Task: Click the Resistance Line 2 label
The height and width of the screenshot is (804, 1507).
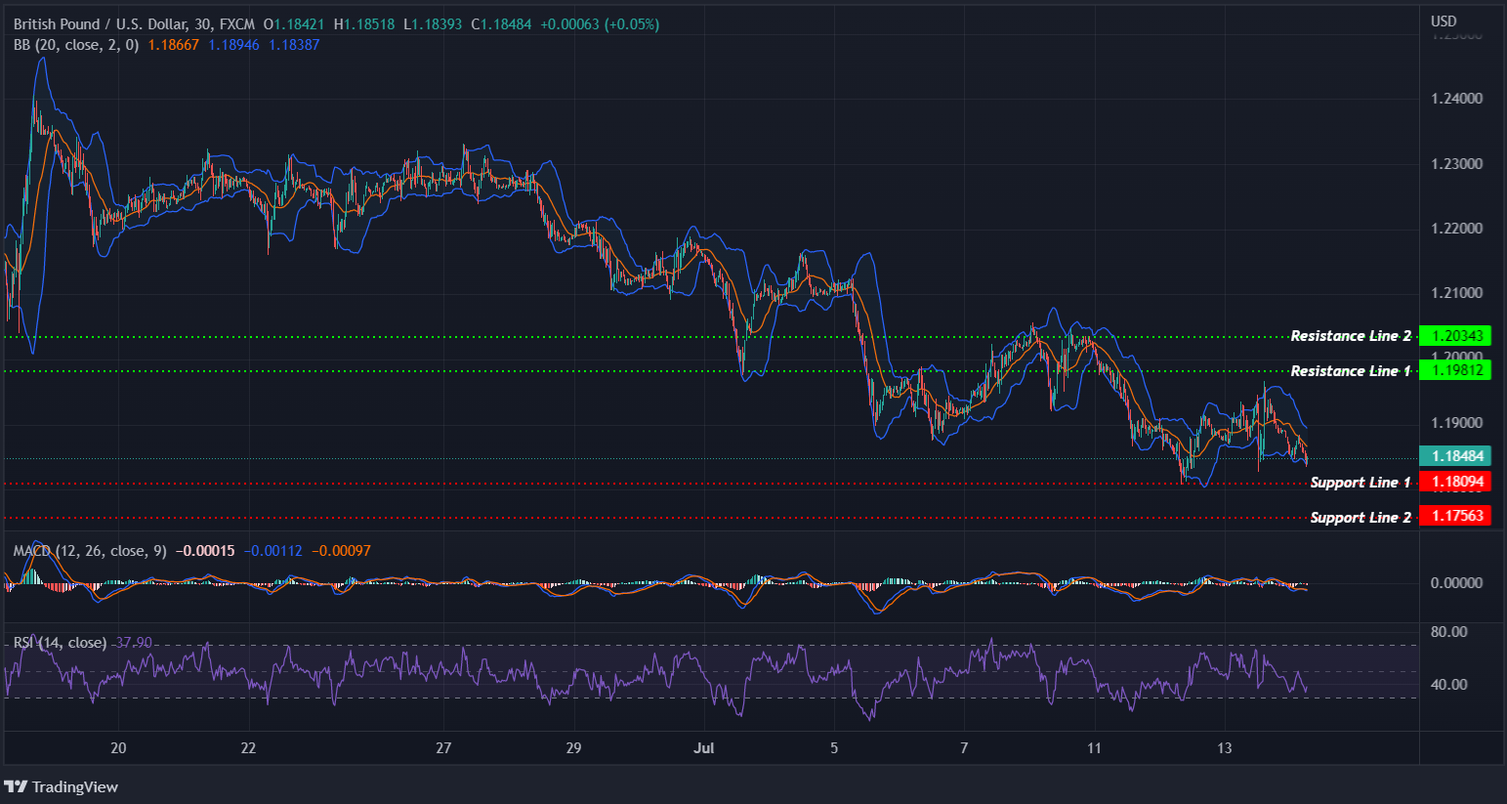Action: click(1350, 336)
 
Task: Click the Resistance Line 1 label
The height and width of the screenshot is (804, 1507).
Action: click(1350, 371)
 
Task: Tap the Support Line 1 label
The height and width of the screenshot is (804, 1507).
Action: click(1360, 483)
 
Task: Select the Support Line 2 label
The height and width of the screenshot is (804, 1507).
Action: click(1360, 518)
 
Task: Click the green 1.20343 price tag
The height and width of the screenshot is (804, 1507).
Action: click(1455, 336)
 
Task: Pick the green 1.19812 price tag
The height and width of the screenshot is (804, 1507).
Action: click(1455, 370)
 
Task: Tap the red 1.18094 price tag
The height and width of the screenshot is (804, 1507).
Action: click(1455, 482)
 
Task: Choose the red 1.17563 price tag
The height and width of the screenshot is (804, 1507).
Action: click(1455, 516)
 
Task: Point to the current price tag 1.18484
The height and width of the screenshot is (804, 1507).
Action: click(1455, 456)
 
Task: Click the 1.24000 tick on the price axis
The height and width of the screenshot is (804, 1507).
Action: click(1456, 99)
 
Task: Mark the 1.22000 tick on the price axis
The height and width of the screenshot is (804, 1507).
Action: click(1456, 229)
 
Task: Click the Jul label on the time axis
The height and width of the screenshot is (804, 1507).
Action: click(703, 748)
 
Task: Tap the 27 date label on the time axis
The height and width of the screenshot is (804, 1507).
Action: click(443, 748)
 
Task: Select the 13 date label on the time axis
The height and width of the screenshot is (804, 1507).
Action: click(1224, 748)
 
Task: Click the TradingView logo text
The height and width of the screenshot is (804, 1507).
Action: click(74, 787)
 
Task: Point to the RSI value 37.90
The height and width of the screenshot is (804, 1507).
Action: click(134, 643)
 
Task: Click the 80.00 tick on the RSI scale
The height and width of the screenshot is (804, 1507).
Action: click(1448, 632)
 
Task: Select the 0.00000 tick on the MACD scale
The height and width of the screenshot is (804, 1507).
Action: click(1456, 583)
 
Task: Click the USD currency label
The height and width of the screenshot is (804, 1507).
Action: click(1444, 21)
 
